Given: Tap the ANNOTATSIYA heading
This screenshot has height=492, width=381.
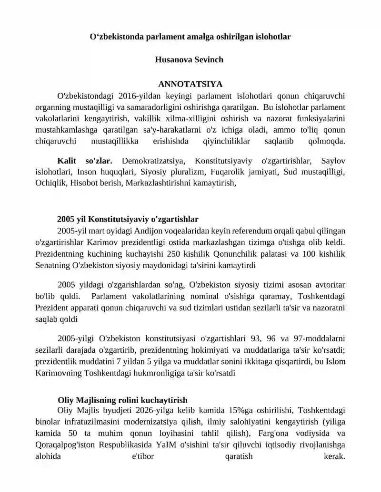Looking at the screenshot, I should (190, 84).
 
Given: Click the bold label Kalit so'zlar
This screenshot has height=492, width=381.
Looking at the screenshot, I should (84, 162).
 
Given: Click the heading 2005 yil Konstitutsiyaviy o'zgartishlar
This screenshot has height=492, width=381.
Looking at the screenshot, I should (128, 220).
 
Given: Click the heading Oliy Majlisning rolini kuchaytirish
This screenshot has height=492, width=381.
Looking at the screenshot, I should (122, 400).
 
